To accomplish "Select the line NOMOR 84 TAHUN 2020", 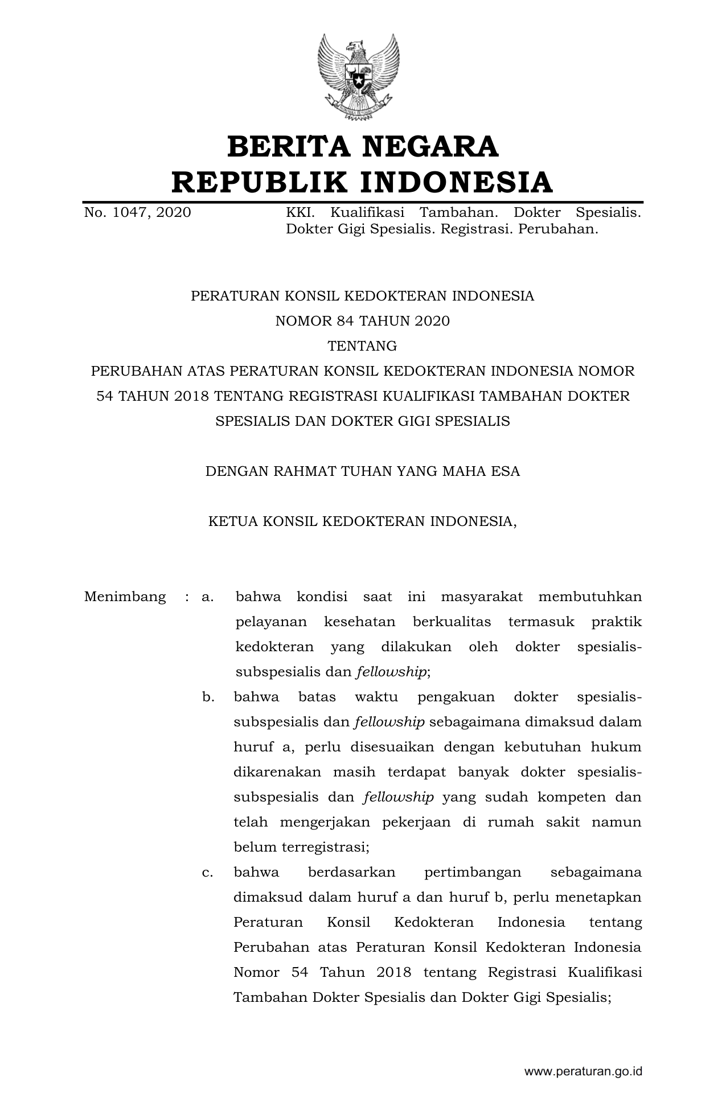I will [x=363, y=321].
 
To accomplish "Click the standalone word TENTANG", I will [x=363, y=346].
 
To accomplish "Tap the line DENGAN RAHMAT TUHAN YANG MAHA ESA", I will [x=363, y=471].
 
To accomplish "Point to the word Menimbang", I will [x=125, y=597].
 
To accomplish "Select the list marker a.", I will [x=207, y=597].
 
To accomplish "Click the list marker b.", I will [x=208, y=697].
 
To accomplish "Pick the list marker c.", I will [x=207, y=872].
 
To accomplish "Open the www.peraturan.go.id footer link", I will [x=583, y=1071].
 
